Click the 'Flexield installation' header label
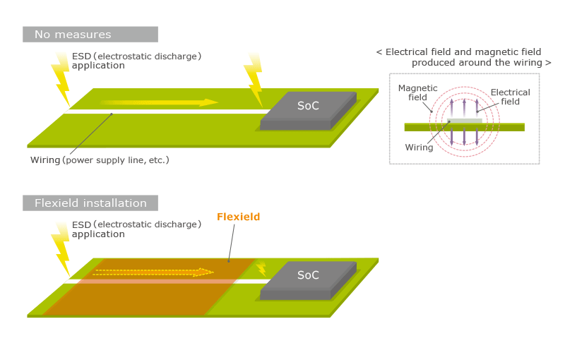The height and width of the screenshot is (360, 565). tap(90, 203)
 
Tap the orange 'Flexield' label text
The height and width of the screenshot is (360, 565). tap(238, 217)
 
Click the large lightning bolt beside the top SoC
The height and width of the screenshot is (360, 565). tap(253, 78)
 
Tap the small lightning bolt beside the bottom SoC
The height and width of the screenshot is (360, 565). tap(261, 268)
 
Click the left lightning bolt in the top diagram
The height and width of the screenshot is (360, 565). tap(61, 78)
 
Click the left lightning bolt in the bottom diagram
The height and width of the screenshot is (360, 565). tap(61, 247)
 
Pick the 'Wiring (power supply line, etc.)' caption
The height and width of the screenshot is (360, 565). tap(100, 160)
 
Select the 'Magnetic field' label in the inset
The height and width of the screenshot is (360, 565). tap(417, 92)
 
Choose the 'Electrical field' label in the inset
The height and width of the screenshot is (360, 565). tap(510, 97)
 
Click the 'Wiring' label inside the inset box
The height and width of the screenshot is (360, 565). tap(419, 148)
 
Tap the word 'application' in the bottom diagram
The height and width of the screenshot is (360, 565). tap(98, 234)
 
